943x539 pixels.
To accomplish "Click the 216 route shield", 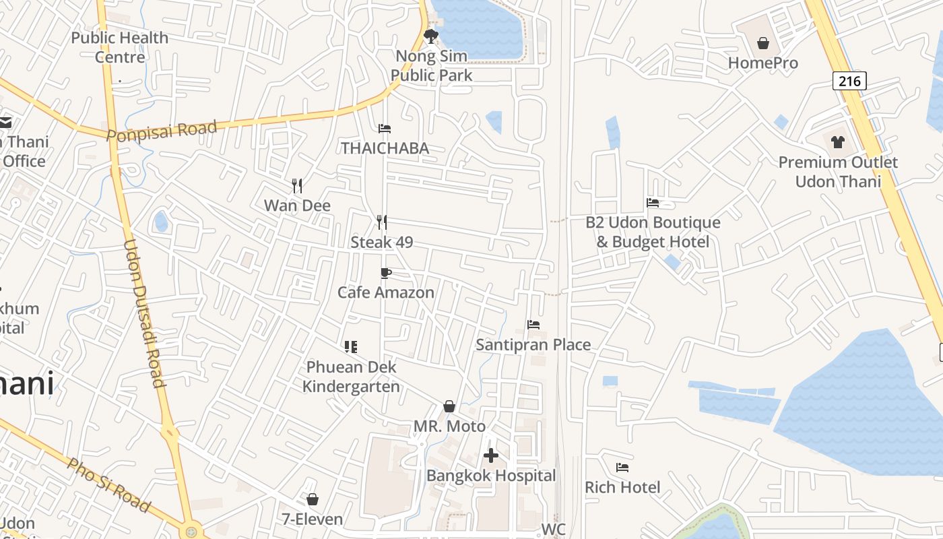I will (x=849, y=82).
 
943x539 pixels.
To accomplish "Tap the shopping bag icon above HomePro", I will (x=763, y=44).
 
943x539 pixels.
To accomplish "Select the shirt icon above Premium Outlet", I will (x=837, y=142).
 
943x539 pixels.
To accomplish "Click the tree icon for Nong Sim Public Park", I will (x=431, y=36).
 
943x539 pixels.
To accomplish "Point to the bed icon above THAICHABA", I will (x=385, y=129).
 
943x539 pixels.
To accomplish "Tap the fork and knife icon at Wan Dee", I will (x=296, y=185).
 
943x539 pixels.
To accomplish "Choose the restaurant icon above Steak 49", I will (x=381, y=222).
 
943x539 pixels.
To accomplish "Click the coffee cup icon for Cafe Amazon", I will (x=385, y=273).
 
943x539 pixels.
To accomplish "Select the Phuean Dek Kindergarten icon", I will (x=350, y=347).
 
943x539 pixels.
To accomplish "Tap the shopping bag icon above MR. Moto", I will (x=449, y=406).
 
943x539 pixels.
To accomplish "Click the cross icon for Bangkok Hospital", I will (x=491, y=456).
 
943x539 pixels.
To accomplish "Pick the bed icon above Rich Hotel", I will (x=622, y=467).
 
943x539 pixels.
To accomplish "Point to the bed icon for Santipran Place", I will (x=533, y=325).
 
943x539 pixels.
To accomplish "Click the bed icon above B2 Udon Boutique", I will (x=652, y=202).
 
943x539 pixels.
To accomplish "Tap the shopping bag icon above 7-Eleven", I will (x=313, y=499).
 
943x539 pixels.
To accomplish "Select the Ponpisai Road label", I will (x=162, y=130).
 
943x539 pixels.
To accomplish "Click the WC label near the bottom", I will (x=553, y=530).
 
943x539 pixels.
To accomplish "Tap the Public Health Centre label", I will (x=120, y=47).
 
